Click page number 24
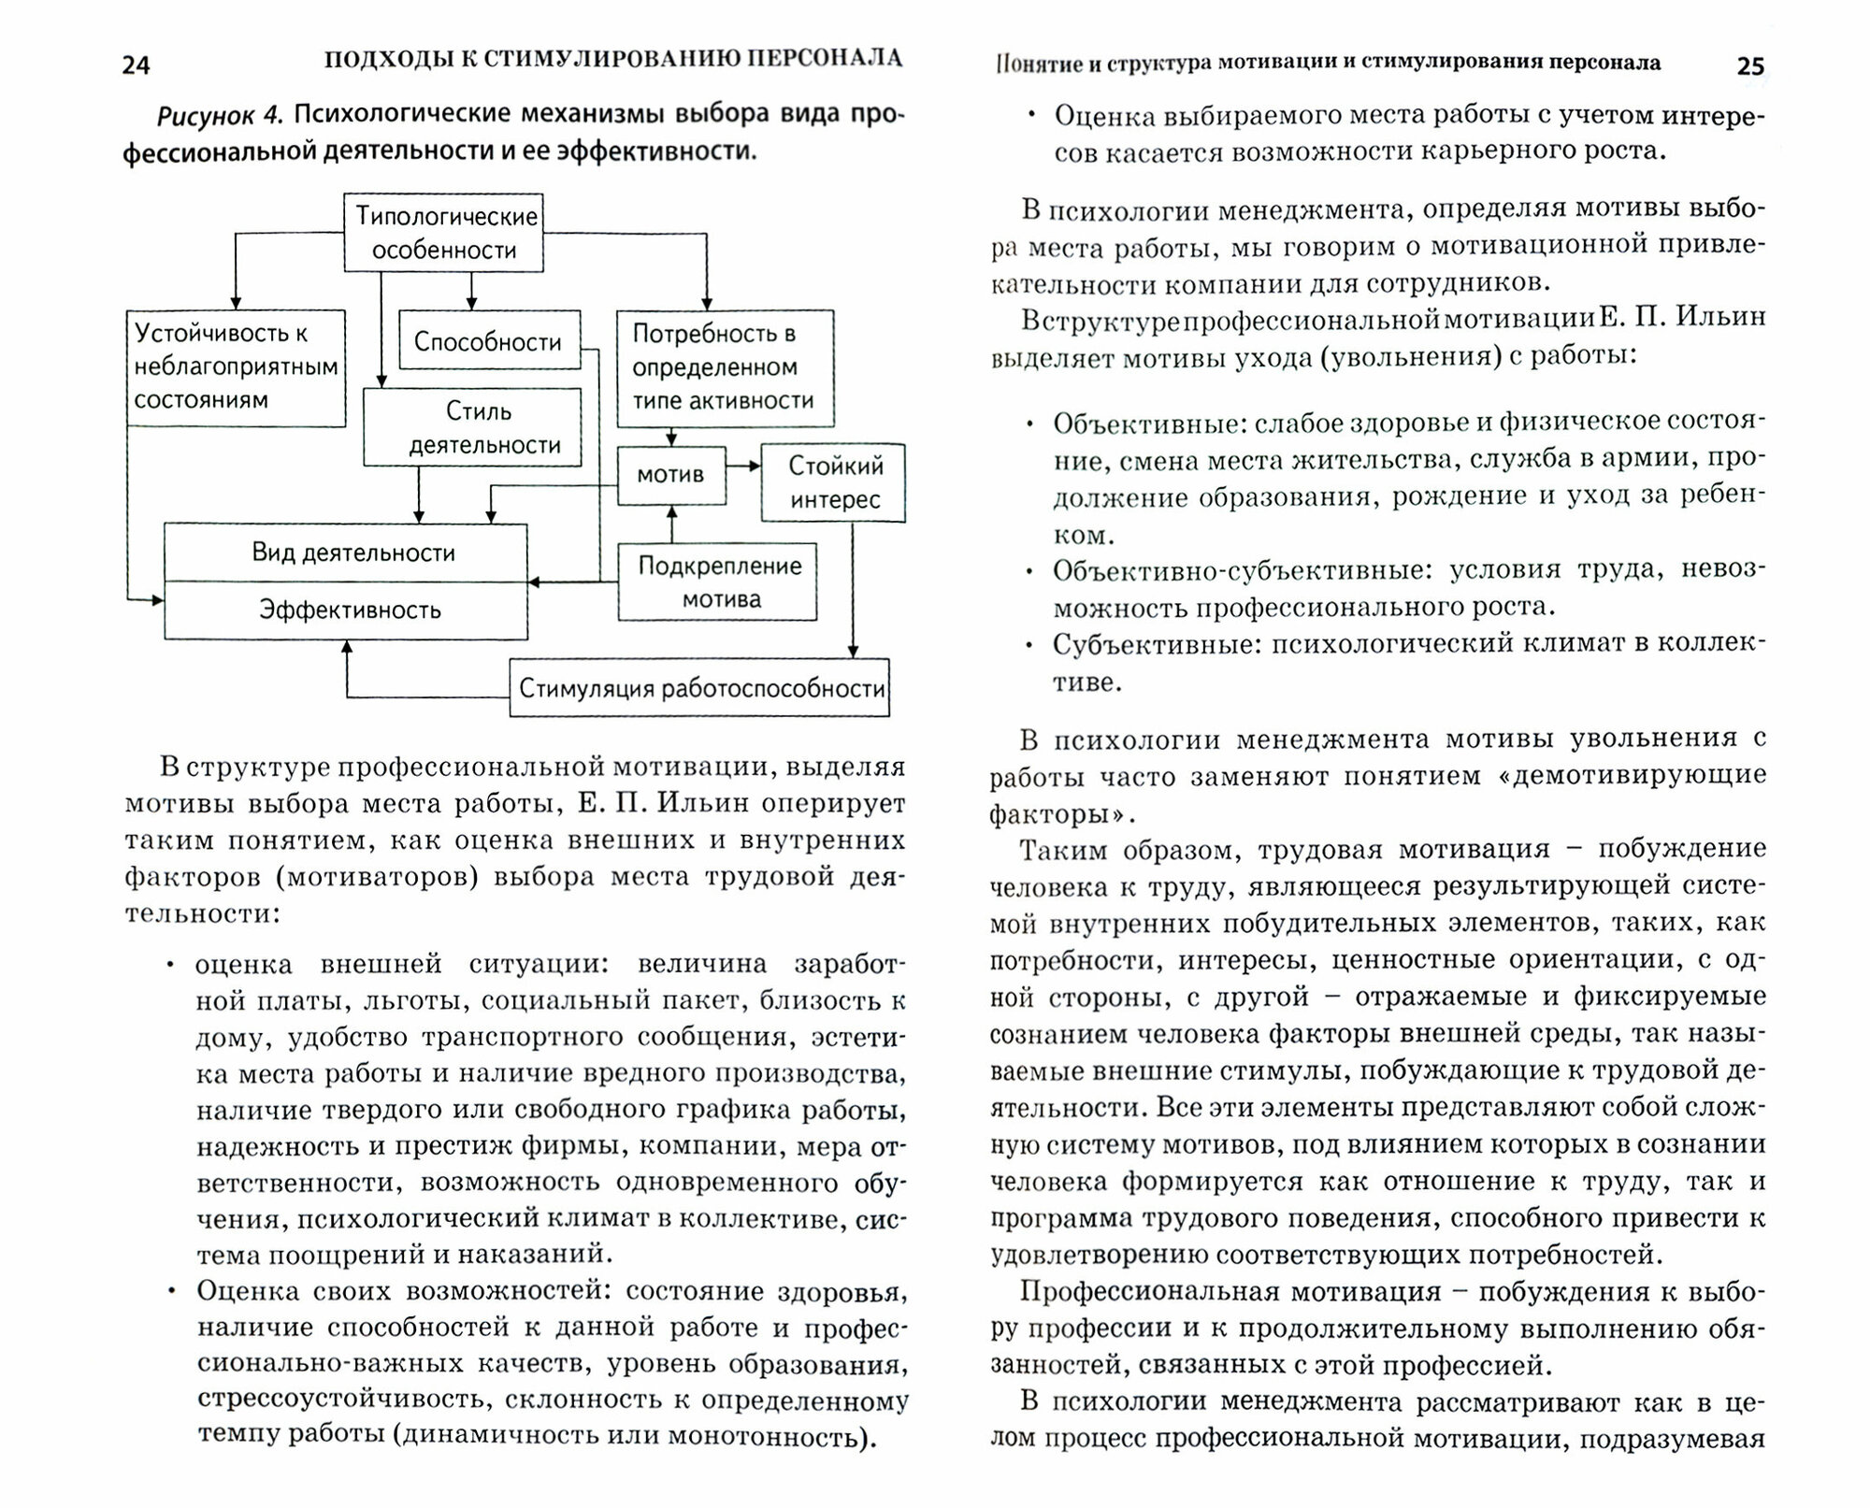[x=137, y=65]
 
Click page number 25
[x=1750, y=66]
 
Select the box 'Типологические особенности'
[x=444, y=233]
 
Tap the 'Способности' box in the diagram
[x=488, y=341]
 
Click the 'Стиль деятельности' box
[x=472, y=427]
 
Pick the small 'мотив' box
[x=670, y=475]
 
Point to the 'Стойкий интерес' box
[x=834, y=482]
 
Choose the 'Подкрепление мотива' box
[x=718, y=582]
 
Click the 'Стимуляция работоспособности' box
[x=699, y=689]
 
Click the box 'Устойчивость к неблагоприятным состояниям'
[x=236, y=367]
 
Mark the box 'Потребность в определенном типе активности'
[x=725, y=367]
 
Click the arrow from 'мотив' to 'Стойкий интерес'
[x=743, y=466]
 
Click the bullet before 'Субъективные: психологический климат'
[x=1030, y=645]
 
